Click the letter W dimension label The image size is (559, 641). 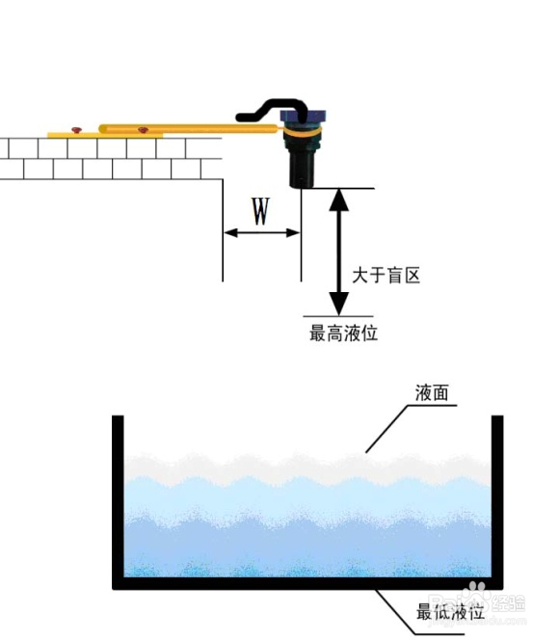pyautogui.click(x=260, y=211)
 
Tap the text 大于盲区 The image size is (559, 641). pyautogui.click(x=386, y=275)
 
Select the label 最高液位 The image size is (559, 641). pyautogui.click(x=343, y=333)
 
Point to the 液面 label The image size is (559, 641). pyautogui.click(x=432, y=392)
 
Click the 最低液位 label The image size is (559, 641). pyautogui.click(x=450, y=612)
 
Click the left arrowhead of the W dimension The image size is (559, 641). pyautogui.click(x=231, y=233)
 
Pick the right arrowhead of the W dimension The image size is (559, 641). pyautogui.click(x=293, y=233)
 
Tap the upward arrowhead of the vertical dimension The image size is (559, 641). pyautogui.click(x=338, y=200)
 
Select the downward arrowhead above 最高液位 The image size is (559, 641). pyautogui.click(x=338, y=304)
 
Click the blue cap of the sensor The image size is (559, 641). pyautogui.click(x=303, y=116)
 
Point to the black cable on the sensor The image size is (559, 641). pyautogui.click(x=273, y=110)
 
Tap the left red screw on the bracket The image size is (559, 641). pyautogui.click(x=76, y=130)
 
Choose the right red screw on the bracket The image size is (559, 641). pyautogui.click(x=143, y=130)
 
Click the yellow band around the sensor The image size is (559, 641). pyautogui.click(x=302, y=132)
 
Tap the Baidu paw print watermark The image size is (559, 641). pyautogui.click(x=476, y=592)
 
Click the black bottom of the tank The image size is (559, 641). pyautogui.click(x=307, y=583)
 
